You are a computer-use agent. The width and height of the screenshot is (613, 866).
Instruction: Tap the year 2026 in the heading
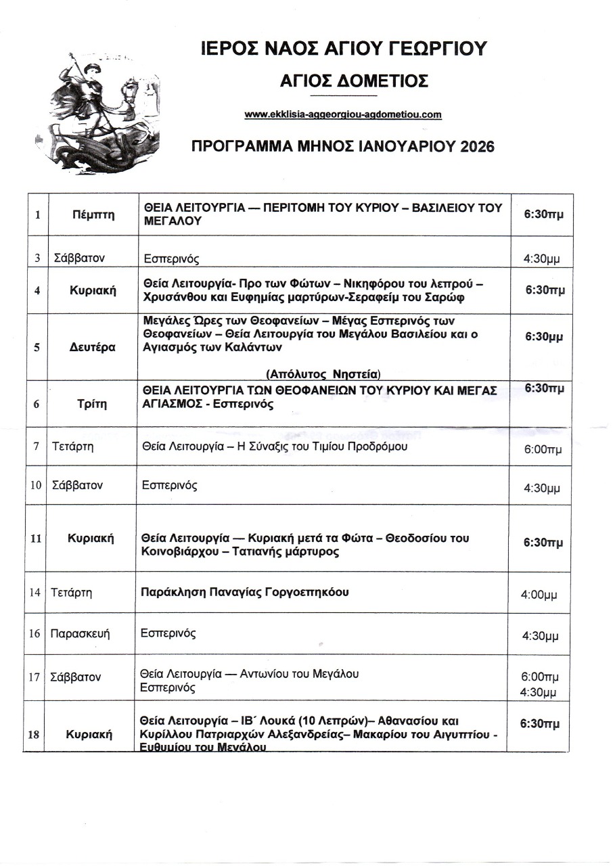474,146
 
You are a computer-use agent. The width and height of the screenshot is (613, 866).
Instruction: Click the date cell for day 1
39,215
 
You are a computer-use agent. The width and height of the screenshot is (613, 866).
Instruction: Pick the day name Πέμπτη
93,215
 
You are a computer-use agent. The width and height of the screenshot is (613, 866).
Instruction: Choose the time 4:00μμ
539,596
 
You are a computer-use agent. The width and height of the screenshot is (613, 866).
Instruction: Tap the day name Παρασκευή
80,634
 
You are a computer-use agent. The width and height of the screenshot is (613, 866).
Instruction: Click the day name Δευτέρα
93,347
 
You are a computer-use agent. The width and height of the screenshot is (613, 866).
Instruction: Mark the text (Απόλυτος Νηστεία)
323,373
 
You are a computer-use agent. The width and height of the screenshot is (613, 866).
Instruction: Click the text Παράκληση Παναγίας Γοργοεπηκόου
245,592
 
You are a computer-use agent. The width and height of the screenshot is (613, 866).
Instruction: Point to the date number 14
36,593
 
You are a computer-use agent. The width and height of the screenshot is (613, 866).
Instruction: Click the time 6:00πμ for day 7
542,450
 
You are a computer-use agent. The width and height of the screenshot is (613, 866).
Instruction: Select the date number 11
36,539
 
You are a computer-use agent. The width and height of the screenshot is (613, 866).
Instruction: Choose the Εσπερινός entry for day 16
168,633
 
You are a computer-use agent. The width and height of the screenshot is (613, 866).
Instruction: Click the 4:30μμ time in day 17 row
538,692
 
